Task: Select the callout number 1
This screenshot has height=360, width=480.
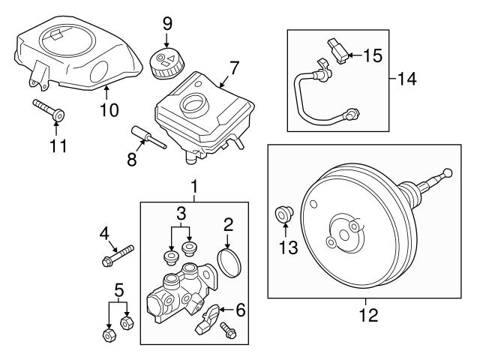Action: [x=194, y=185]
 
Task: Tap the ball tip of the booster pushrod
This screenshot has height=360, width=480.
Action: [x=448, y=174]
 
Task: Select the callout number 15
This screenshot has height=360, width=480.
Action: [x=373, y=55]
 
